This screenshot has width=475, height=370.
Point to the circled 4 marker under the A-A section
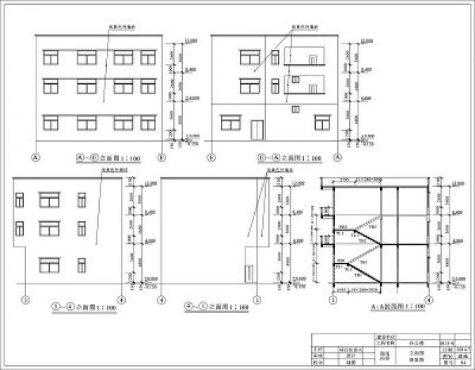(x=429, y=299)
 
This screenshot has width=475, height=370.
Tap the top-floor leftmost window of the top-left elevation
(x=51, y=57)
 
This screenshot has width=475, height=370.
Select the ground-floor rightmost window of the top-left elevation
(x=148, y=122)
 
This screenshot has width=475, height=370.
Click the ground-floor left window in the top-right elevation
(x=230, y=122)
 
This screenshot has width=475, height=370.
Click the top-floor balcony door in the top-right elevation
(x=315, y=59)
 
